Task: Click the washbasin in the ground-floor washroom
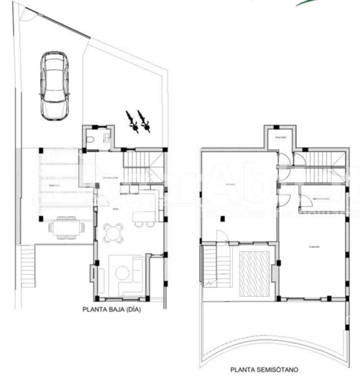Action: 107,137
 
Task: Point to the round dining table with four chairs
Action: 113,233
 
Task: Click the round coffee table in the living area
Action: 122,273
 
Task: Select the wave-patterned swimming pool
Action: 255,274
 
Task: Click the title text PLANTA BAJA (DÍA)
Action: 111,310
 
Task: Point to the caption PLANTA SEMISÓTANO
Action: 264,369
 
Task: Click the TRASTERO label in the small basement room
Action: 281,138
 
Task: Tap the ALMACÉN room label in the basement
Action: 314,247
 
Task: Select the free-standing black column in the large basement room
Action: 222,219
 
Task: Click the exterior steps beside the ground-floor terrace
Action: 28,267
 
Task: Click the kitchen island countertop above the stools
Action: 145,216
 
